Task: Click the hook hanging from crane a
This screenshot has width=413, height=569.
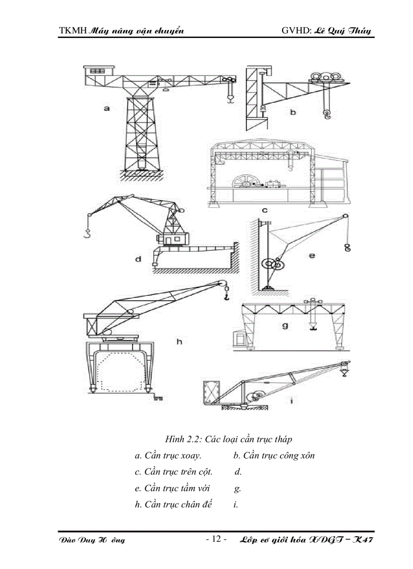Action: coord(230,99)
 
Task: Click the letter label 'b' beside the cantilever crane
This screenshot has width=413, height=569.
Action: coord(293,112)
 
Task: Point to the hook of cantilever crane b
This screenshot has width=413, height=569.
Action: coord(326,117)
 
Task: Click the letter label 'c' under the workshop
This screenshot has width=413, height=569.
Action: coord(265,209)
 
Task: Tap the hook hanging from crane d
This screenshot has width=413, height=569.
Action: coord(89,234)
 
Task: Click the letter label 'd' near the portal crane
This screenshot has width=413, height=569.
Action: coord(138,259)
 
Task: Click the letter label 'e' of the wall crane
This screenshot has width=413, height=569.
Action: coord(312,256)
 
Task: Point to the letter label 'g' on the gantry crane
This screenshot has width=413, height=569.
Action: coord(285,325)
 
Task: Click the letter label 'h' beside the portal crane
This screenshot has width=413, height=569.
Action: coord(179,342)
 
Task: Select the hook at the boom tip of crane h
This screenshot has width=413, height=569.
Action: coord(226,295)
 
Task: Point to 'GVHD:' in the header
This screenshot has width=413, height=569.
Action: coord(296,31)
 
